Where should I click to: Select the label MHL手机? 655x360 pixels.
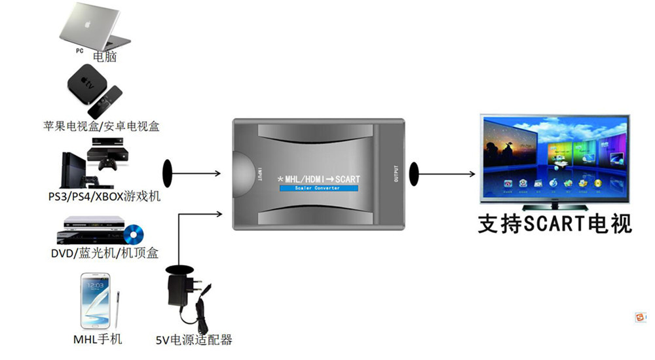point(97,339)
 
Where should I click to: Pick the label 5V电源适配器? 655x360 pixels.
point(194,340)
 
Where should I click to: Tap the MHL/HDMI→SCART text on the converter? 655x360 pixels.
point(319,178)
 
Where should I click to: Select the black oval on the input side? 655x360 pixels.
point(167,174)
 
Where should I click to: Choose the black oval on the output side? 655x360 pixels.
point(414,173)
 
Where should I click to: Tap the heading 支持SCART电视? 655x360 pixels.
point(555,225)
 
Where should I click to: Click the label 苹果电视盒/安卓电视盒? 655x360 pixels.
point(102,125)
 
